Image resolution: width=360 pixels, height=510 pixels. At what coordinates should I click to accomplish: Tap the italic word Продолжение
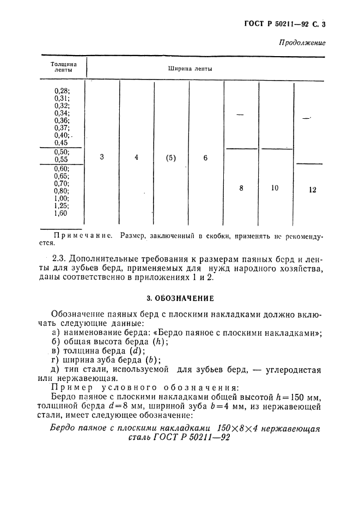(x=302, y=42)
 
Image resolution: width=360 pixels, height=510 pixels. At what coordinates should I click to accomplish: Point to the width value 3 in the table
(x=102, y=157)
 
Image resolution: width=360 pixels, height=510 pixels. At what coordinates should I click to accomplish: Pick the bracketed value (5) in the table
(x=170, y=158)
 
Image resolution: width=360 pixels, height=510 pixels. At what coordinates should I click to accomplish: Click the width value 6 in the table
(x=205, y=158)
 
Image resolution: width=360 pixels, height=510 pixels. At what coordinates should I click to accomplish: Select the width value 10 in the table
(x=274, y=187)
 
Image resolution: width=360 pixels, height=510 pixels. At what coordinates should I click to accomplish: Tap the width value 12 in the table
(x=312, y=190)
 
